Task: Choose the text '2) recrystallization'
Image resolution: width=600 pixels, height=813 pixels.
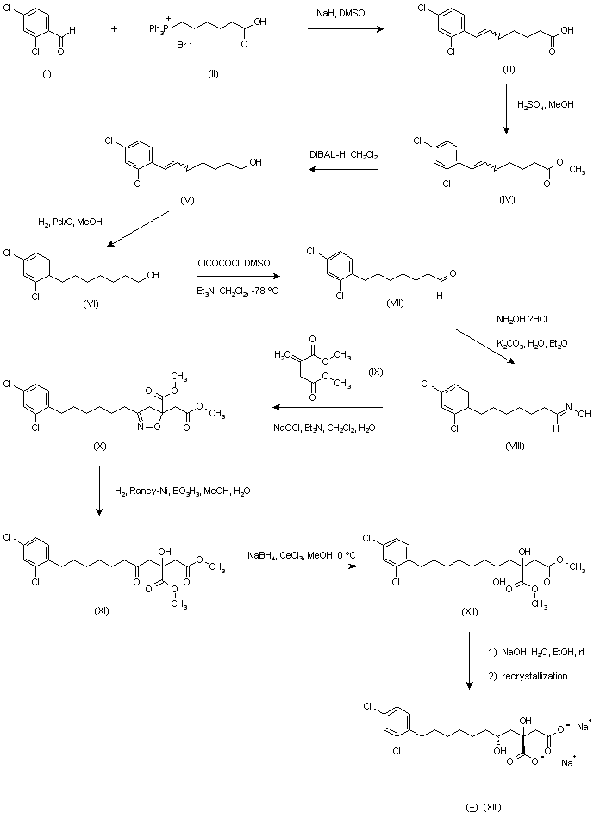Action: (528, 677)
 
